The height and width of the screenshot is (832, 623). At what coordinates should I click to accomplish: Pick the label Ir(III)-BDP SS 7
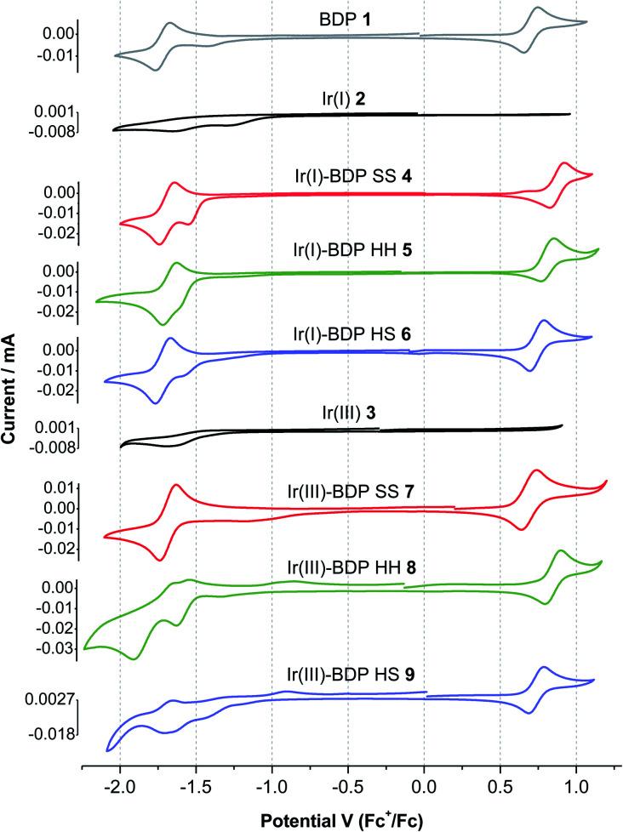coord(345,493)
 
